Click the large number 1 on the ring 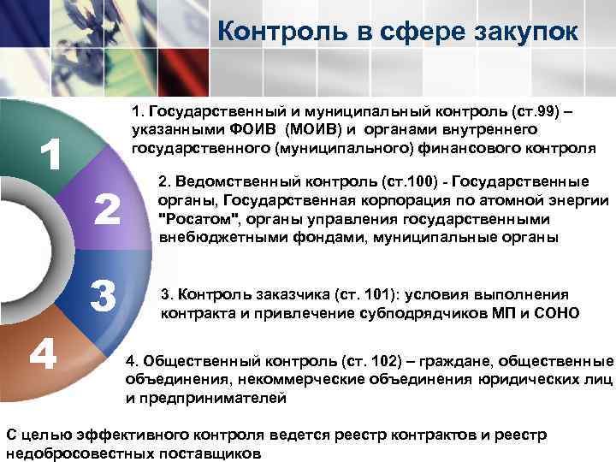(x=51, y=155)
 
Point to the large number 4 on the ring (x=44, y=352)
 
